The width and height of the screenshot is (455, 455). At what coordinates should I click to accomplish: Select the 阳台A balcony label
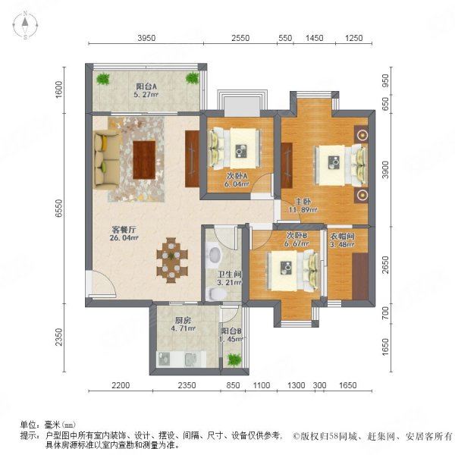[x=146, y=86]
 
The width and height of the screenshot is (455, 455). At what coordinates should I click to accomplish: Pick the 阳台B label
[x=231, y=331]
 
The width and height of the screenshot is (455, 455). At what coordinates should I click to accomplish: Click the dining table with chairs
[x=172, y=259]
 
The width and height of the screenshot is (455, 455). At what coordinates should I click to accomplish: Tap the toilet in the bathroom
[x=216, y=255]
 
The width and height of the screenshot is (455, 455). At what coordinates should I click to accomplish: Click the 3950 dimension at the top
[x=147, y=38]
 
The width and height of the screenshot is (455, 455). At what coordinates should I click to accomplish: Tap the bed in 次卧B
[x=288, y=269]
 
